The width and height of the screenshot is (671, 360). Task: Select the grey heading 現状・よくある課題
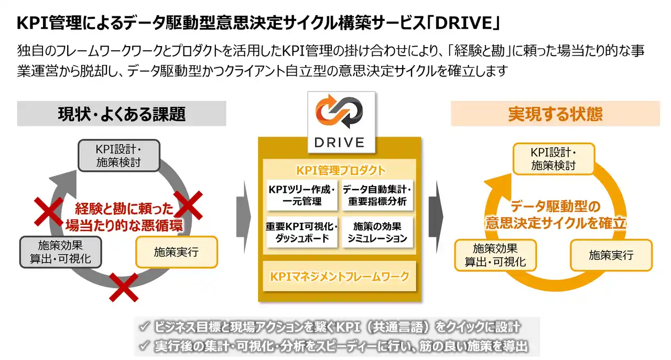122,114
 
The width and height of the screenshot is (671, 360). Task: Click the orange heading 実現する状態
555,114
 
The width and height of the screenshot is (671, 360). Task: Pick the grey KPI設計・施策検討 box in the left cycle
118,156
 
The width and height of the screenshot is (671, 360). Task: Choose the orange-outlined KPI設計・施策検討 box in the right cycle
554,159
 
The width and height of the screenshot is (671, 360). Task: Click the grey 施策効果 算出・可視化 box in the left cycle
60,252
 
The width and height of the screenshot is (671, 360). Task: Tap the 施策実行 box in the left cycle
176,252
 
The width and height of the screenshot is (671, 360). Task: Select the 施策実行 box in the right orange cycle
611,255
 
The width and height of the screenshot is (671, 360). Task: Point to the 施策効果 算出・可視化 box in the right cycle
495,255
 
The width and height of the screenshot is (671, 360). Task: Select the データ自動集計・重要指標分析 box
377,195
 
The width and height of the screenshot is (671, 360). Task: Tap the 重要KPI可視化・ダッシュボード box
300,232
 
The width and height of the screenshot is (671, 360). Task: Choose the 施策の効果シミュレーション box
377,232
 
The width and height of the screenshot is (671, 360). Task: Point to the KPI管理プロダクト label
340,170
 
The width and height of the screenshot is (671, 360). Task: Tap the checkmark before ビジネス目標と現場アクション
144,328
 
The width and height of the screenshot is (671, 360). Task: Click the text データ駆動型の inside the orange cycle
555,205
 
